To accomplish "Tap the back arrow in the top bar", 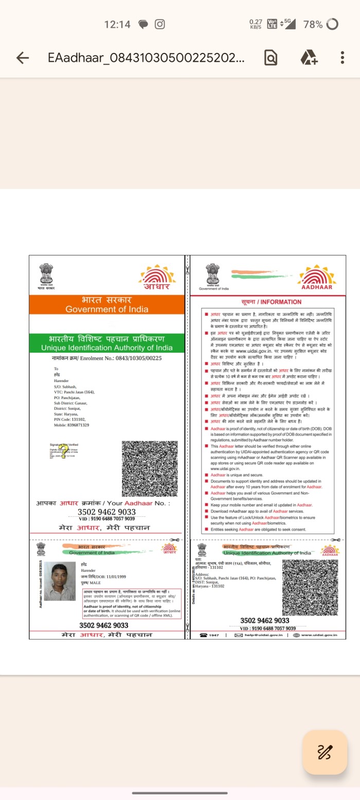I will (x=23, y=58).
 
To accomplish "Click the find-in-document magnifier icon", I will (x=271, y=58).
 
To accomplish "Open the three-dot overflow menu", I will (x=342, y=58).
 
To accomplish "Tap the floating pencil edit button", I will (x=325, y=752).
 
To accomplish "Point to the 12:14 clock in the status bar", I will (x=117, y=24).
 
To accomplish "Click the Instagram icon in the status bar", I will (x=160, y=24).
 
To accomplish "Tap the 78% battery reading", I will (x=313, y=24).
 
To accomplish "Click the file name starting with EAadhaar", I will (x=146, y=58).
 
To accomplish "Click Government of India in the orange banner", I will (x=106, y=309).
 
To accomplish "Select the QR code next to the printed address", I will (x=310, y=586).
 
